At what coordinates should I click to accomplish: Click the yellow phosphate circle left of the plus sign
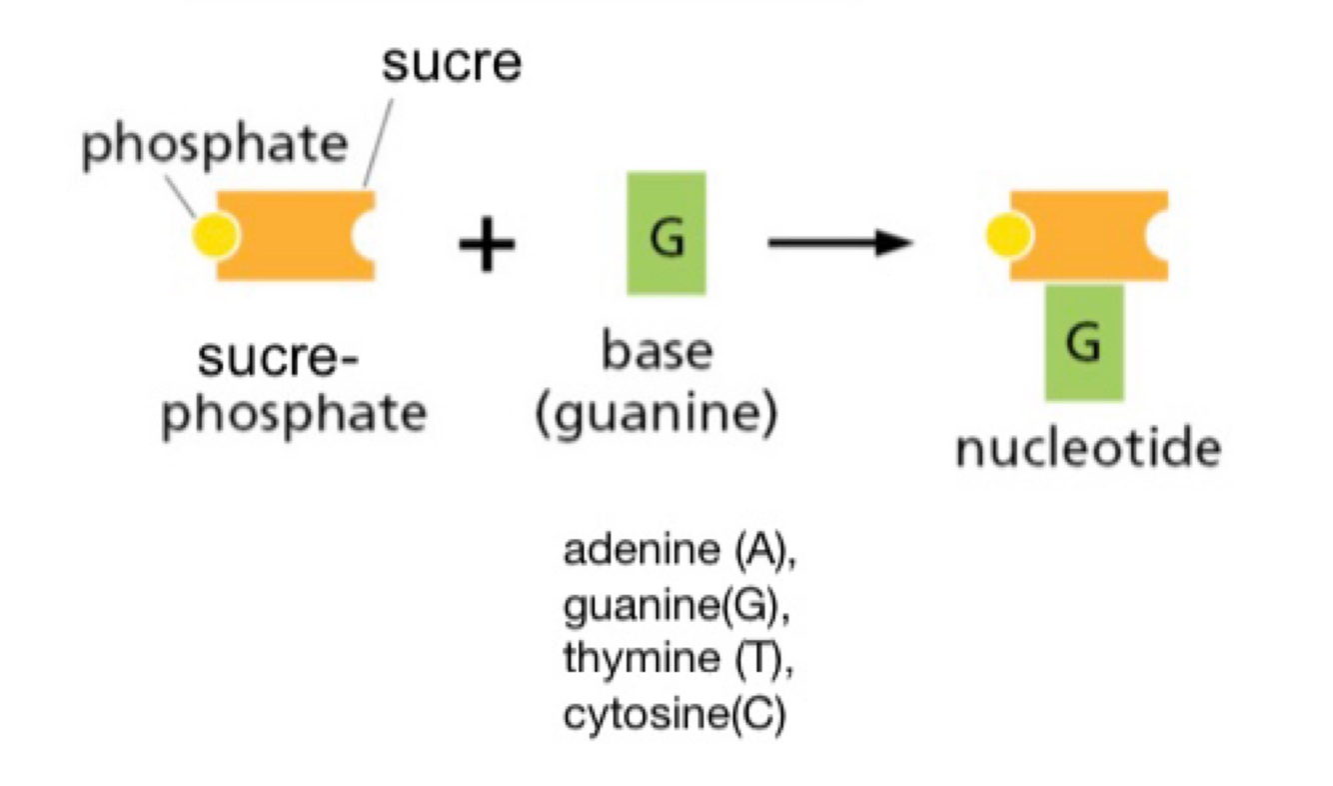(x=217, y=235)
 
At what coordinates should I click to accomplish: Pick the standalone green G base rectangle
(x=666, y=233)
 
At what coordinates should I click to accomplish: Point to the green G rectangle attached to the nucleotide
(x=1084, y=342)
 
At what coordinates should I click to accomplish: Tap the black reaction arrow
(x=839, y=243)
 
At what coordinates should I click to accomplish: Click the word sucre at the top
(x=452, y=65)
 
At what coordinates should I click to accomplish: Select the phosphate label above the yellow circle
(x=214, y=146)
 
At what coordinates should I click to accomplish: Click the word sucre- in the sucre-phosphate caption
(x=281, y=358)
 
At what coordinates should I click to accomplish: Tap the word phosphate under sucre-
(x=294, y=412)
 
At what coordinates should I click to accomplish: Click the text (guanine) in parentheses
(x=657, y=412)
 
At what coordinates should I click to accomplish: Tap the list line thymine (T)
(x=679, y=660)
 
